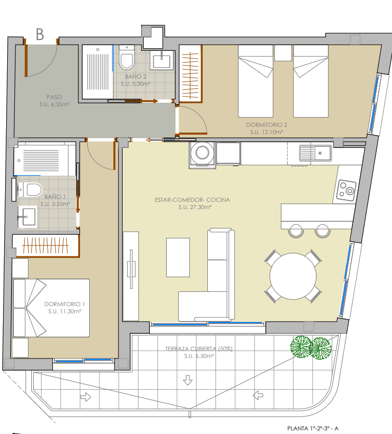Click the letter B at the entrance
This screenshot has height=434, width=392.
click(x=40, y=34)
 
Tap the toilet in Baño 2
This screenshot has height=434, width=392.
click(x=127, y=58)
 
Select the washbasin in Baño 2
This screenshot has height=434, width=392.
click(x=162, y=60)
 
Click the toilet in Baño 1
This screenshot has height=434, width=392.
click(x=30, y=190)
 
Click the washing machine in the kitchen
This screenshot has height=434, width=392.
click(x=202, y=154)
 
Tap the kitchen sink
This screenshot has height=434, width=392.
click(x=315, y=153)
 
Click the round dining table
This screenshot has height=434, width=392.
click(x=293, y=276)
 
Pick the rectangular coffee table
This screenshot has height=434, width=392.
click(x=178, y=257)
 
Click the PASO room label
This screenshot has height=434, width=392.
click(x=54, y=97)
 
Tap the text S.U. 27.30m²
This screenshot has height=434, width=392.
click(x=195, y=207)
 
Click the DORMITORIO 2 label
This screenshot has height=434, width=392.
click(x=267, y=125)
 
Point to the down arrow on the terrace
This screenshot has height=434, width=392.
click(x=188, y=380)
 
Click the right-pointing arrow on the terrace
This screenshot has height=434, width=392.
click(x=86, y=397)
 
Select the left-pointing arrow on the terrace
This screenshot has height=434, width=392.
click(x=258, y=395)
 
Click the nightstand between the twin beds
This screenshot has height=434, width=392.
click(x=283, y=53)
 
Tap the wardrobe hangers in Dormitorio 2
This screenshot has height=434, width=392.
click(x=190, y=76)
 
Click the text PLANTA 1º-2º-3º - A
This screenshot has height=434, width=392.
click(x=312, y=428)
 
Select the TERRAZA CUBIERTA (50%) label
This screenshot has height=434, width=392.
click(x=199, y=349)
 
